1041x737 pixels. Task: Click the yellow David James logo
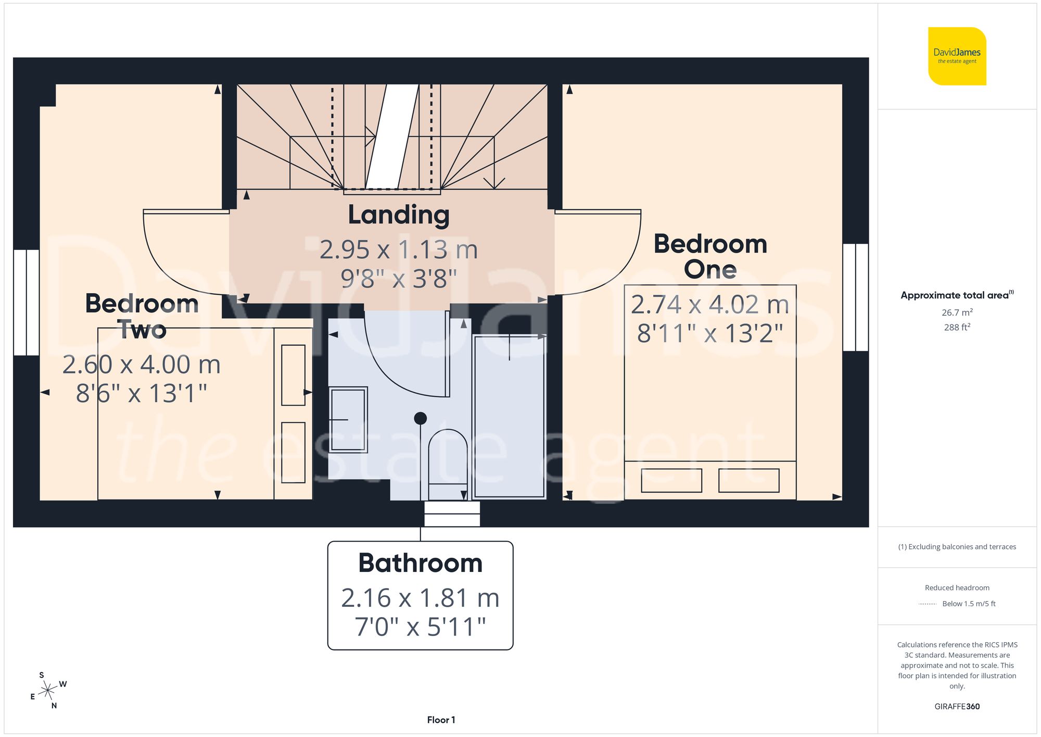tap(957, 56)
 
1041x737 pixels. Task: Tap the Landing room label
tap(399, 215)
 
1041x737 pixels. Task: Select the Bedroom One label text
tap(710, 256)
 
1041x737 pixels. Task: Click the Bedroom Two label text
tap(142, 316)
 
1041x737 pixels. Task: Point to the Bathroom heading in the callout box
tap(420, 563)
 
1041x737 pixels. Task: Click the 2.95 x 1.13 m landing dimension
tap(399, 249)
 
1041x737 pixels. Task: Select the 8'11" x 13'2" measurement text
tap(710, 333)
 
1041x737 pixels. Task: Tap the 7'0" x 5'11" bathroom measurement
tap(420, 627)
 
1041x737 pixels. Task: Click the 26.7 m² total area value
tap(957, 313)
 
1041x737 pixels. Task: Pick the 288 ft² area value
tap(957, 327)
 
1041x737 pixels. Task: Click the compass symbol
tap(48, 691)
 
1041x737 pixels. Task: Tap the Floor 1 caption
tap(441, 720)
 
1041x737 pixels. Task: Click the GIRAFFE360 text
tap(957, 706)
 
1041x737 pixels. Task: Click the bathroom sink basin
tap(348, 419)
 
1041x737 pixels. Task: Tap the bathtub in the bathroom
tap(509, 417)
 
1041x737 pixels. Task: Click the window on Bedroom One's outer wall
tap(855, 297)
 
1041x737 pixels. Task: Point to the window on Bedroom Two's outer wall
tap(26, 302)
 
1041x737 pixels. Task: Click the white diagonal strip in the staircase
tap(392, 136)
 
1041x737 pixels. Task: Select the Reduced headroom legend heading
tap(957, 588)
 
